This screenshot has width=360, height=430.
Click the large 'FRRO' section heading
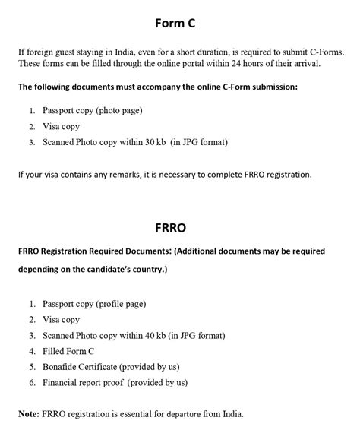pos(179,226)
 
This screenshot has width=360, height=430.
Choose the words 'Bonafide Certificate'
pos(80,367)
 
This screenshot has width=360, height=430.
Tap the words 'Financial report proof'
pos(84,383)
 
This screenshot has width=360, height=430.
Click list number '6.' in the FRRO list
pos(33,383)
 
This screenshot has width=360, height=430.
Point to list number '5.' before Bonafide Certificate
pos(33,367)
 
